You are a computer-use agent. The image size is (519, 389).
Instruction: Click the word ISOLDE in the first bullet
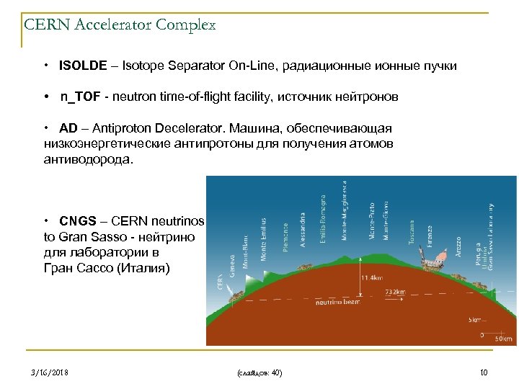pyautogui.click(x=80, y=66)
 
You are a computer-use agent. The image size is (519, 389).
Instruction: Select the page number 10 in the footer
pyautogui.click(x=484, y=372)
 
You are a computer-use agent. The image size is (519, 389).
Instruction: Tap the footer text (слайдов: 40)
pyautogui.click(x=259, y=372)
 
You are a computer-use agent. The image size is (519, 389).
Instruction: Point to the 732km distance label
pyautogui.click(x=395, y=292)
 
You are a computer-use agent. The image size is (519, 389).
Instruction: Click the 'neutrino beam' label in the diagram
pyautogui.click(x=337, y=303)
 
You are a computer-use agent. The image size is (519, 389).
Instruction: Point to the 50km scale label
pyautogui.click(x=502, y=337)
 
